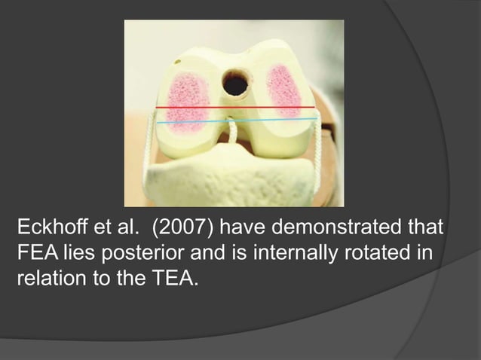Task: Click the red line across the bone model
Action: pos(234,108)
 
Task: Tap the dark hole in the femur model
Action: pos(235,84)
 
